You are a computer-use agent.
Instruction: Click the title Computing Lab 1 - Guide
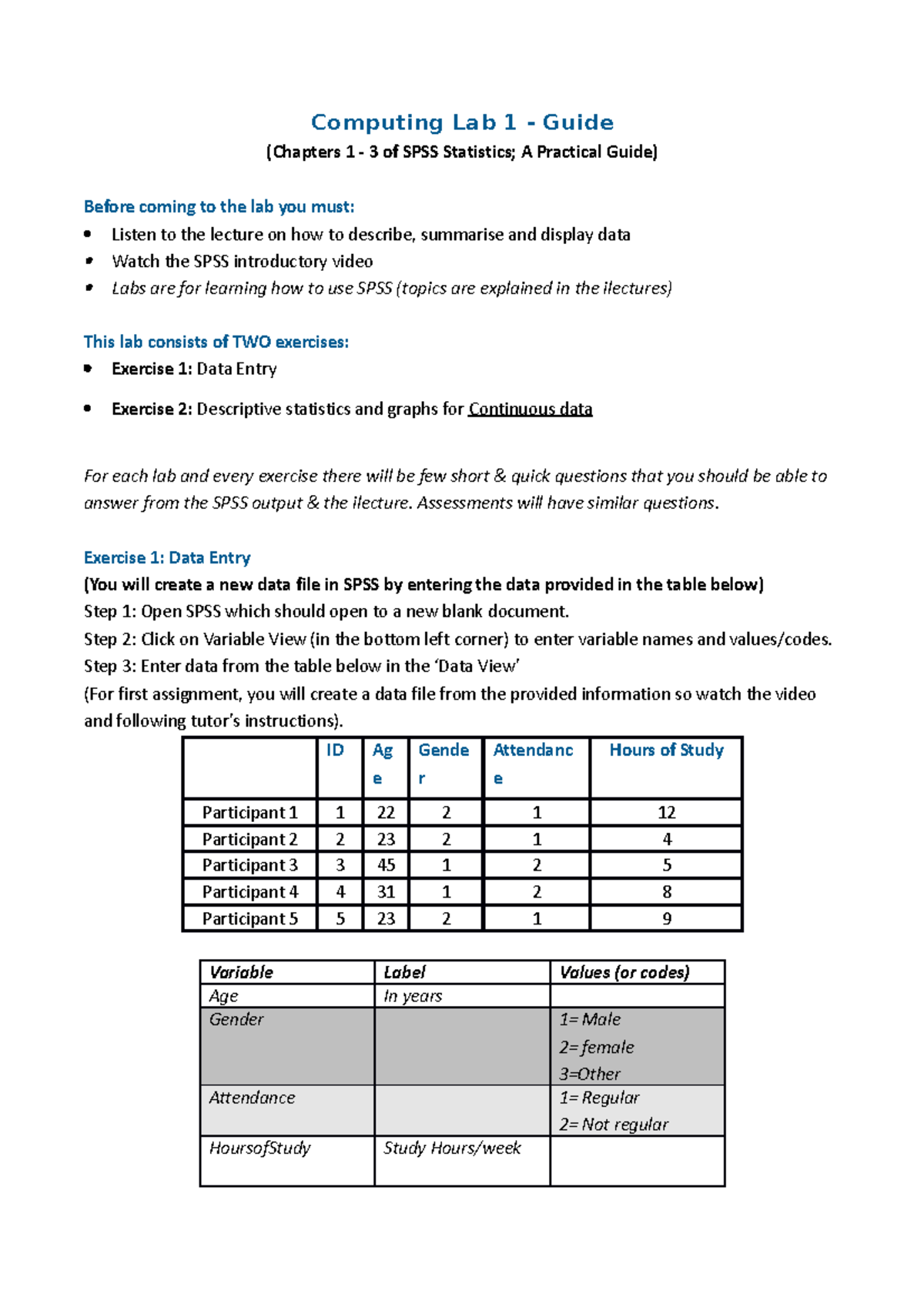pyautogui.click(x=462, y=122)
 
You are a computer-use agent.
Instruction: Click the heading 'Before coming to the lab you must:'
pyautogui.click(x=219, y=206)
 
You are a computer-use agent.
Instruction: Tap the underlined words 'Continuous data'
pyautogui.click(x=531, y=409)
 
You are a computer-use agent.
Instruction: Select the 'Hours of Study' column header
pyautogui.click(x=666, y=750)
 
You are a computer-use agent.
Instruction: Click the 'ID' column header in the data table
pyautogui.click(x=335, y=750)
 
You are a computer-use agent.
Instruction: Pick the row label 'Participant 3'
pyautogui.click(x=249, y=865)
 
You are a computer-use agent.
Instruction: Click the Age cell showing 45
pyautogui.click(x=386, y=865)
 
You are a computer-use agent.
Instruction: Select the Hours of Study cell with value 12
pyautogui.click(x=666, y=812)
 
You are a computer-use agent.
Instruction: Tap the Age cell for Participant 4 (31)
pyautogui.click(x=386, y=892)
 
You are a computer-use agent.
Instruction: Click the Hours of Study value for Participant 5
pyautogui.click(x=666, y=918)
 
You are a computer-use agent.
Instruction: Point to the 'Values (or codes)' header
pyautogui.click(x=624, y=972)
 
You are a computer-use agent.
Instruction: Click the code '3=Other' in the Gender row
pyautogui.click(x=590, y=1074)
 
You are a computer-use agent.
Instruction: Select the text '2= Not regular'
pyautogui.click(x=614, y=1125)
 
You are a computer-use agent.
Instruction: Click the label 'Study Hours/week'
pyautogui.click(x=452, y=1148)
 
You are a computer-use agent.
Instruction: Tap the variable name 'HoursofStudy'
pyautogui.click(x=259, y=1148)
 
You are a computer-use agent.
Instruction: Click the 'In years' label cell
pyautogui.click(x=413, y=996)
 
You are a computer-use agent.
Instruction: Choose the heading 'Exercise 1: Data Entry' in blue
pyautogui.click(x=167, y=557)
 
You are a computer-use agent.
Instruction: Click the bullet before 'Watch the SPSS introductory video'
pyautogui.click(x=89, y=261)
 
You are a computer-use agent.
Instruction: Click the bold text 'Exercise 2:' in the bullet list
pyautogui.click(x=152, y=409)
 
